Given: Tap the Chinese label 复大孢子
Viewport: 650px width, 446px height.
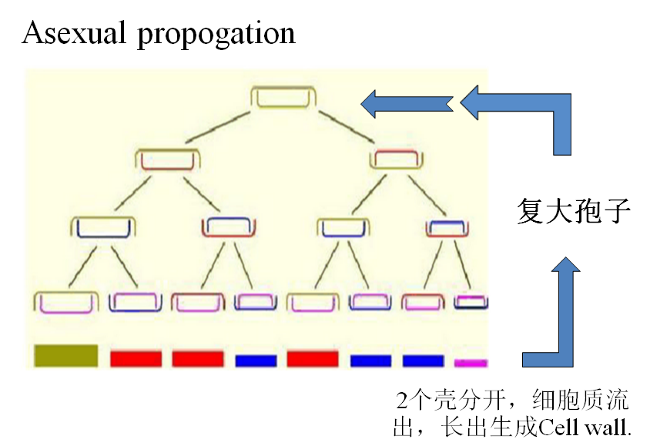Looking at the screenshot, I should click(574, 210).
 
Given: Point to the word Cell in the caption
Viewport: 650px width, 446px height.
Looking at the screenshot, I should click(554, 426).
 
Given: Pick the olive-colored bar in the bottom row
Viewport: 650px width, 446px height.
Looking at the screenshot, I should click(66, 355).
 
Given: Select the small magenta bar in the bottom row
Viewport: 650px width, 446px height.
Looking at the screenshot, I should click(471, 361).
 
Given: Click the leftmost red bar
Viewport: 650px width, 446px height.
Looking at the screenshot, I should click(136, 359).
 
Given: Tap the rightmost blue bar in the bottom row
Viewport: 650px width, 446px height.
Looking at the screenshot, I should click(424, 360).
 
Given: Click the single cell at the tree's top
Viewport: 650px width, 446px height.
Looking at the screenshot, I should click(283, 99).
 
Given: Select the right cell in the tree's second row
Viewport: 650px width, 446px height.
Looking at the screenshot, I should click(397, 159).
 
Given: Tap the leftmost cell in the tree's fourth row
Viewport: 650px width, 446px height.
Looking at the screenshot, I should click(67, 303).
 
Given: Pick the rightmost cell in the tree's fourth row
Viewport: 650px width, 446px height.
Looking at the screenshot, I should click(471, 301).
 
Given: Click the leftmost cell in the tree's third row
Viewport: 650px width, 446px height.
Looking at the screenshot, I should click(103, 227).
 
